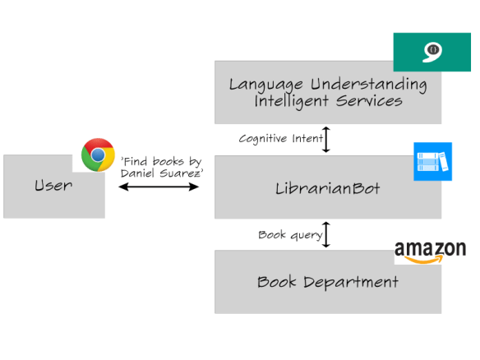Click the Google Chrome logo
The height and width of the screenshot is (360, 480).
[x=98, y=155]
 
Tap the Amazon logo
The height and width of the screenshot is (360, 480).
[x=430, y=252]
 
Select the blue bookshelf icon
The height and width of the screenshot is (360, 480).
[x=433, y=161]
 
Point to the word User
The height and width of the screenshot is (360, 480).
[x=53, y=185]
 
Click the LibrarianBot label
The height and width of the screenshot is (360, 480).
[x=327, y=188]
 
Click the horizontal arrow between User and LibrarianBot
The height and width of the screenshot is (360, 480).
[x=159, y=187]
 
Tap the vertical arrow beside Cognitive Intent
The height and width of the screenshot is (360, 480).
[x=326, y=139]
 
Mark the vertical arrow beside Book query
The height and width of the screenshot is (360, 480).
[x=326, y=234]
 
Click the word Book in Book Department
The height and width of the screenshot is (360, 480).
[x=277, y=282]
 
